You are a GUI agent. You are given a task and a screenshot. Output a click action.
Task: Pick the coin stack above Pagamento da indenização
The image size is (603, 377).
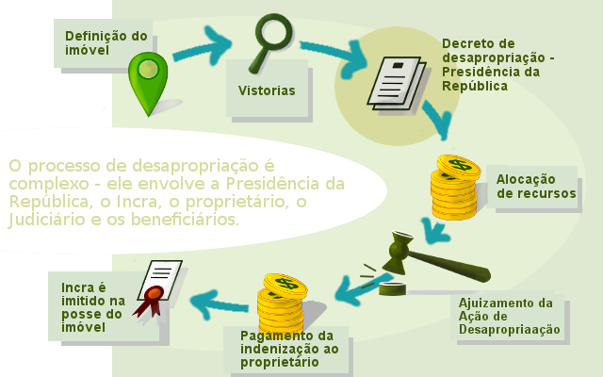click(x=279, y=302)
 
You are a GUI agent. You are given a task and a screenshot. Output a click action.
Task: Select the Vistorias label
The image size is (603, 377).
click(x=267, y=91)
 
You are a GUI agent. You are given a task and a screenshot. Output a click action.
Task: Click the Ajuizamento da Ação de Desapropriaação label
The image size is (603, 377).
click(x=510, y=317)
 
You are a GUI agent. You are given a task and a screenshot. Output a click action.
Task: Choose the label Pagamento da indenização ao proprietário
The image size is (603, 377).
click(x=285, y=350)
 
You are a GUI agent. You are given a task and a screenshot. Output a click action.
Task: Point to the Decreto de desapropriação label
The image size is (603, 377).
click(x=497, y=64)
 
